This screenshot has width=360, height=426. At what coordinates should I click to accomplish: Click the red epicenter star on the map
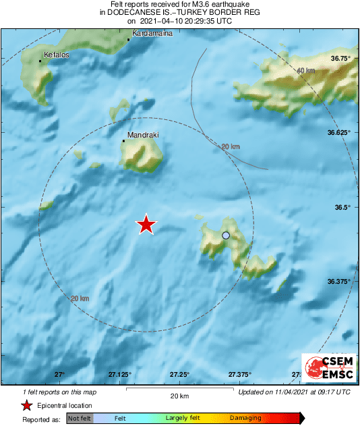click(x=146, y=225)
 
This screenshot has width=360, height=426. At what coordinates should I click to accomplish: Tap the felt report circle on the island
click(x=226, y=235)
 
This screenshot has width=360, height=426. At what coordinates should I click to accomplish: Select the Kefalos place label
click(x=57, y=55)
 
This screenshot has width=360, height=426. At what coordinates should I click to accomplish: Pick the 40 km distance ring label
click(x=305, y=70)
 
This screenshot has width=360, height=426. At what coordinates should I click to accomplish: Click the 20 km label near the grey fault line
click(x=231, y=146)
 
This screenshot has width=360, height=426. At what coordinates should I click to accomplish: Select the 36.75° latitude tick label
click(x=339, y=59)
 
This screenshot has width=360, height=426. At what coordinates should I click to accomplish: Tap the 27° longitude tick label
click(x=59, y=375)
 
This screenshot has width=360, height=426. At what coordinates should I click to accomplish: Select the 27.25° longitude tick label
click(x=179, y=375)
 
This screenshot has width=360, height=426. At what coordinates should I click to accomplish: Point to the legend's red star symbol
click(x=26, y=405)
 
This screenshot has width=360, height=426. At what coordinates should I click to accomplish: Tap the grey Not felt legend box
click(x=80, y=419)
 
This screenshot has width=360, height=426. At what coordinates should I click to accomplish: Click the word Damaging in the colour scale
click(x=245, y=419)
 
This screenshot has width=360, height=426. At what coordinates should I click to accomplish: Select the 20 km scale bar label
click(x=179, y=395)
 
